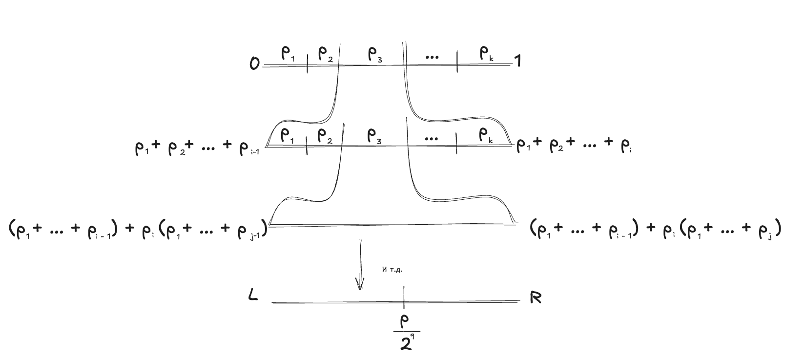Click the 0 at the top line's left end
[x=254, y=64]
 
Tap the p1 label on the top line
[x=289, y=54]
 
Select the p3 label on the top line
[x=374, y=55]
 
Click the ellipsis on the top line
[x=432, y=57]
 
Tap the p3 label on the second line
[x=374, y=136]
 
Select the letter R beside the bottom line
[x=536, y=297]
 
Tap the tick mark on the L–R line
[x=404, y=297]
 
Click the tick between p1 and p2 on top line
[x=308, y=64]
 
